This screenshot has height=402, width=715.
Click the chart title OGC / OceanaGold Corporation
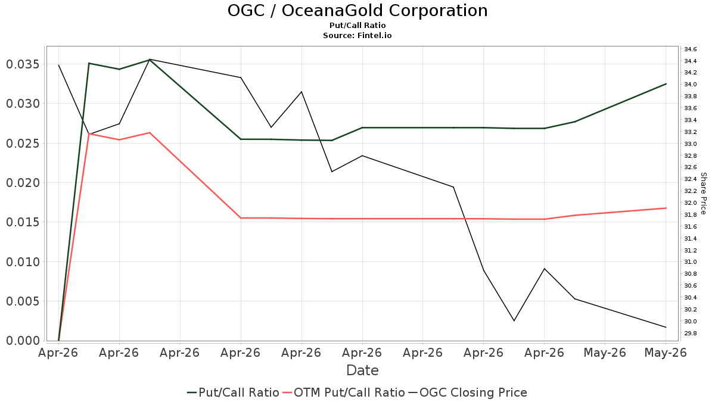pyautogui.click(x=357, y=11)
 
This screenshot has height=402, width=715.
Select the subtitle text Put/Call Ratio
pyautogui.click(x=357, y=26)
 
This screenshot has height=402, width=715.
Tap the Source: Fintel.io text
pyautogui.click(x=357, y=35)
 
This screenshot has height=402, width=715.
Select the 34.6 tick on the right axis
pyautogui.click(x=691, y=49)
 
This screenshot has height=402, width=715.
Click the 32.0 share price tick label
pyautogui.click(x=691, y=203)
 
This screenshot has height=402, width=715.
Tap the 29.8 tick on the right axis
pyautogui.click(x=691, y=334)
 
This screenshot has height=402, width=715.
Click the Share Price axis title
pyautogui.click(x=704, y=194)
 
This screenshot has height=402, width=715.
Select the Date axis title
pyautogui.click(x=362, y=370)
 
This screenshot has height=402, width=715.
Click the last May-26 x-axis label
pyautogui.click(x=666, y=353)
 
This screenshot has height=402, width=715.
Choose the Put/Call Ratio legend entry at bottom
pyautogui.click(x=233, y=392)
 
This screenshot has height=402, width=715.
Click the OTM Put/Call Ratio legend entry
pyautogui.click(x=344, y=392)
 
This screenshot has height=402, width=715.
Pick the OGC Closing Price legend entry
pyautogui.click(x=468, y=392)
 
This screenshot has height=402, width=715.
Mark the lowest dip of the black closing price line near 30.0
pyautogui.click(x=514, y=320)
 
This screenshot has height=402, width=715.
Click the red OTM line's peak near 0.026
pyautogui.click(x=150, y=133)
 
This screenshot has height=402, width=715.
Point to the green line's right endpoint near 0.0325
pyautogui.click(x=666, y=84)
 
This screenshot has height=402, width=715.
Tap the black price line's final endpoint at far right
pyautogui.click(x=666, y=327)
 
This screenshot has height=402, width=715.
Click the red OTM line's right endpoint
pyautogui.click(x=666, y=208)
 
